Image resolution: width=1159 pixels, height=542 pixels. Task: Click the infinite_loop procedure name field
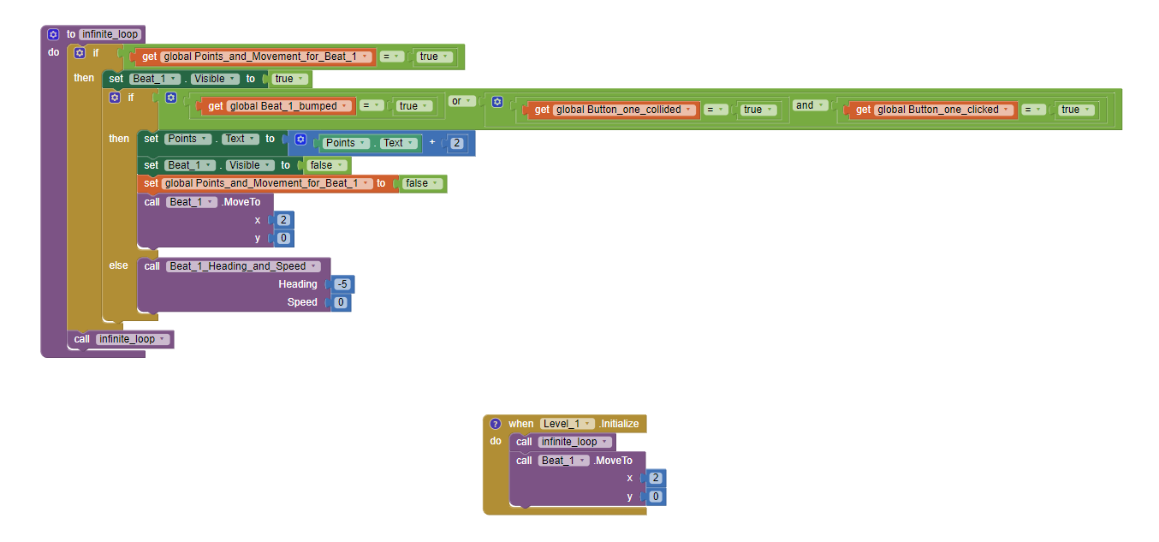[110, 34]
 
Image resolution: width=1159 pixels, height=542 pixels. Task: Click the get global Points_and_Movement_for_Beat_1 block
[147, 57]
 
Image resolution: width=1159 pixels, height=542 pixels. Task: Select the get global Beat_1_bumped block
[214, 106]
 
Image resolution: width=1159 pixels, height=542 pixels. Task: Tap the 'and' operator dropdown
[808, 105]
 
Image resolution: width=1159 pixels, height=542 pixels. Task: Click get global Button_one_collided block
[541, 110]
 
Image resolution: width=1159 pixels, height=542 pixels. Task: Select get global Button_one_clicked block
[863, 110]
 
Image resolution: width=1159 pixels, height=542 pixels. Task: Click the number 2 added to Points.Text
[456, 143]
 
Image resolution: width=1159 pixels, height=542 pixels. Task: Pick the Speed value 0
[340, 302]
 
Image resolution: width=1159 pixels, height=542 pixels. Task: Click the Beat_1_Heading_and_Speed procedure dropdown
[244, 266]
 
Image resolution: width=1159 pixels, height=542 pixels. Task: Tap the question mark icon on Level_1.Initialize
[495, 424]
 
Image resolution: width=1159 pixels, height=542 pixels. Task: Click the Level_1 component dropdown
[567, 424]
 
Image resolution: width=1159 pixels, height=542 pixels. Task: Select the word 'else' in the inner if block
[118, 265]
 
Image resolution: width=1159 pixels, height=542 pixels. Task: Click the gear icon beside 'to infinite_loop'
[53, 34]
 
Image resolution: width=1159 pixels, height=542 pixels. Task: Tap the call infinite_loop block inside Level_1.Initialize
[524, 442]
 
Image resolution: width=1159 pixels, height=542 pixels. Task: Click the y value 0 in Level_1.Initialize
[656, 497]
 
